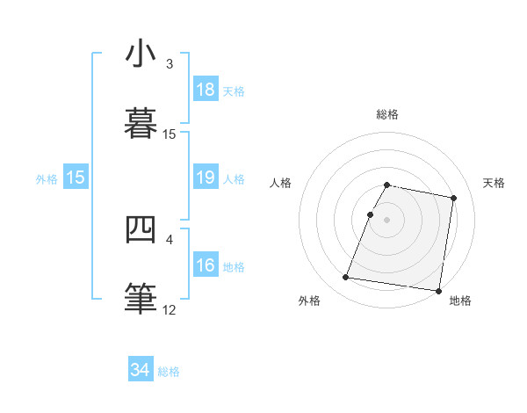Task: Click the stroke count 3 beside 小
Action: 170,64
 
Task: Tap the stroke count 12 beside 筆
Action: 170,309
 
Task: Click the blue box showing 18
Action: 206,90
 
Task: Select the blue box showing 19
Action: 206,178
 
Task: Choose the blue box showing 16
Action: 206,265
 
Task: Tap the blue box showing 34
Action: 141,371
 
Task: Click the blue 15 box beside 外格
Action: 76,178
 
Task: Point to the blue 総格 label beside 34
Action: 169,372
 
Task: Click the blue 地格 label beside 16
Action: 234,266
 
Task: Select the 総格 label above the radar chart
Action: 387,114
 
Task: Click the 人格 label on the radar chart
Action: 280,183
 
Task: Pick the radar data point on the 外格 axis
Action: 346,278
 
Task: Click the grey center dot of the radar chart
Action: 387,220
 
